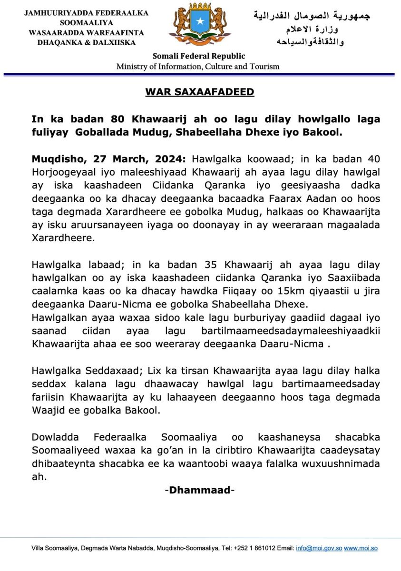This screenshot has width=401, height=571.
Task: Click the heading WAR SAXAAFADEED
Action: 200,92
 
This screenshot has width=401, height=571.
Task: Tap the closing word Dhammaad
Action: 200,490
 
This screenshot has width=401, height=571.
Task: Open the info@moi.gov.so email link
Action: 319,548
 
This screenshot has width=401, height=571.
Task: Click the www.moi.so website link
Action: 361,548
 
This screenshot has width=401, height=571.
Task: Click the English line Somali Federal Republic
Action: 199,56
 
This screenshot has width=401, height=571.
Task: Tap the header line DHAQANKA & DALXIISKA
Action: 87,42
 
